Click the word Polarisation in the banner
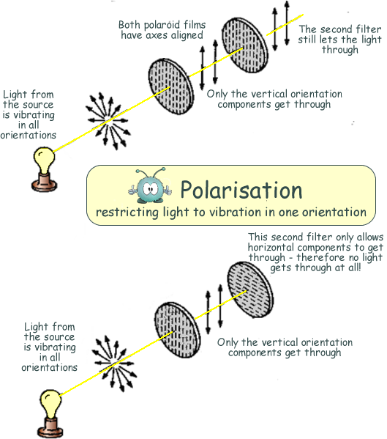pos(241,190)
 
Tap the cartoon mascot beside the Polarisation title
pos(150,186)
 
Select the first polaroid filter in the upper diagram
pos(170,86)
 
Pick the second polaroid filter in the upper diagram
pos(245,45)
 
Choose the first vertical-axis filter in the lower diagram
pos(178,331)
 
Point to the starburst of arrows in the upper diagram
pos(108,121)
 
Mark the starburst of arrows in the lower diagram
pos(114,363)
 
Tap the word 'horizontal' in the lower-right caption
pos(271,247)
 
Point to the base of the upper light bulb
pos(45,182)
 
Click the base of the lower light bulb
pos(51,427)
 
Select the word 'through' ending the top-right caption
pos(339,50)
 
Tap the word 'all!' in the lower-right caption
pos(355,268)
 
